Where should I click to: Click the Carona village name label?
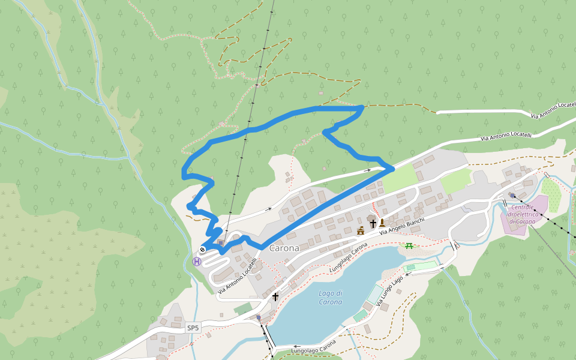284,248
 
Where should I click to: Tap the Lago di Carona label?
331,297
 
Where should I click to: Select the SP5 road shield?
193,328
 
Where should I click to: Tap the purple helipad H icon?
197,262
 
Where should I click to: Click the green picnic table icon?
409,245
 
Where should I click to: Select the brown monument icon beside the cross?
382,223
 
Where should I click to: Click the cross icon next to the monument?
373,223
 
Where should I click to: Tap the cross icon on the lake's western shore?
275,296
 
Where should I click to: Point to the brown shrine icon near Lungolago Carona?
361,230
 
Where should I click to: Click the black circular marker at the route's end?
203,250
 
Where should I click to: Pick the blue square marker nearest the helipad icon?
221,243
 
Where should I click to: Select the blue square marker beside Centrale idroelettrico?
512,195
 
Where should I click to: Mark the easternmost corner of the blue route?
392,169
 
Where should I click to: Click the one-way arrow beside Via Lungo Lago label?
408,274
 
